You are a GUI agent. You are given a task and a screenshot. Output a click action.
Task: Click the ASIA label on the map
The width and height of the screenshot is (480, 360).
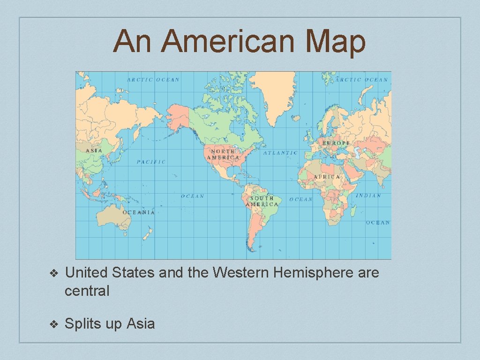[x=94, y=150]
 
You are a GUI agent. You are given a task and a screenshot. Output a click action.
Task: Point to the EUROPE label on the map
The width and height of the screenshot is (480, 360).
[x=336, y=142]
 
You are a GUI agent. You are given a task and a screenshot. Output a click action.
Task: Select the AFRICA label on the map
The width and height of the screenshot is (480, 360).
[x=327, y=177]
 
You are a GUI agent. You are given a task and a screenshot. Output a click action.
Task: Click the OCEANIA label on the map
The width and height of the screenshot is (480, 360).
[x=138, y=212]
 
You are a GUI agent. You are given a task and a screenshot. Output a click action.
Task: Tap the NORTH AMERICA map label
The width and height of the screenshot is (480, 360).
[x=223, y=155]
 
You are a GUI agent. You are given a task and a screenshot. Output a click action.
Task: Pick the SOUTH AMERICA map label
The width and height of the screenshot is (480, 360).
[x=262, y=202]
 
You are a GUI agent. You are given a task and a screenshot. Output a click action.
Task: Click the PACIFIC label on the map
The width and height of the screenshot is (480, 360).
[x=151, y=162]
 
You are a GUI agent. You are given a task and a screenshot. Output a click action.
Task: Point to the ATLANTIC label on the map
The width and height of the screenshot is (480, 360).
[x=280, y=153]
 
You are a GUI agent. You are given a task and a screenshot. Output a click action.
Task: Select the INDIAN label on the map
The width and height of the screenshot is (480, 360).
[x=368, y=195]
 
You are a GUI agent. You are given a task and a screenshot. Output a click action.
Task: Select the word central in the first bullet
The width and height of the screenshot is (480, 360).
[x=87, y=291]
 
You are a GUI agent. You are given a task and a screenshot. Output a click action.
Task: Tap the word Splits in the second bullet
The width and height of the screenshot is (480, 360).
[x=84, y=323]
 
